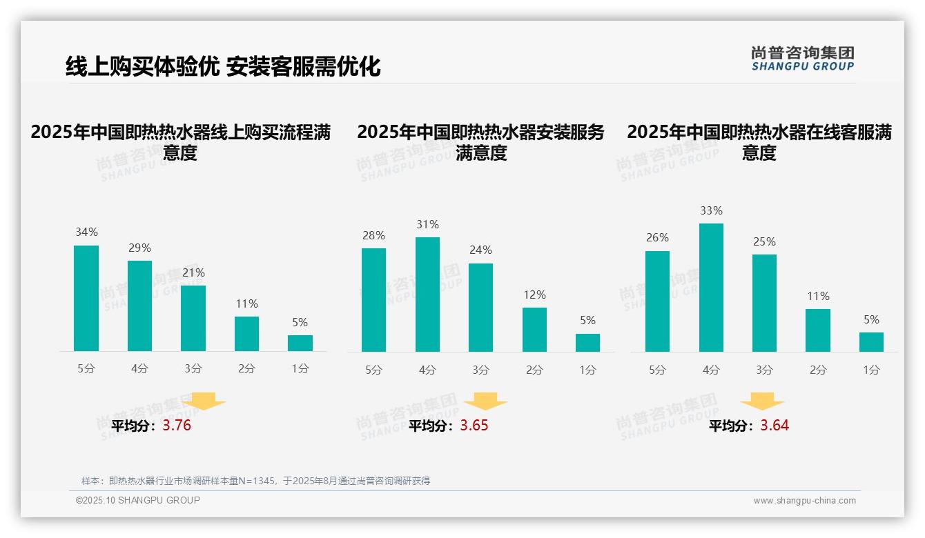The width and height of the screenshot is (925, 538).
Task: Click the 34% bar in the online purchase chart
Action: point(86,298)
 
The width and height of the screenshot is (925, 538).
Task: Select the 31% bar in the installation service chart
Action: point(427,295)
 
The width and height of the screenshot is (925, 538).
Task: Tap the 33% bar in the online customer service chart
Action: point(711,288)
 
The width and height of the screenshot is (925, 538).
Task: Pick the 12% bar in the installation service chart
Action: point(534,330)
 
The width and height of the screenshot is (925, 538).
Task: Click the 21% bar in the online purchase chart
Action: point(193,318)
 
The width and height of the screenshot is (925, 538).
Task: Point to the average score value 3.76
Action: point(177,426)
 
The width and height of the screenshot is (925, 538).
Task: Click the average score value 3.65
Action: point(474,426)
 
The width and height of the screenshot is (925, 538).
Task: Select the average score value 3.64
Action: point(775,426)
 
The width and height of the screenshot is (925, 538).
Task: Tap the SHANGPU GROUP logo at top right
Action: point(802,59)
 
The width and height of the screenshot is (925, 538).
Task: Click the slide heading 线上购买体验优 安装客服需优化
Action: point(223,66)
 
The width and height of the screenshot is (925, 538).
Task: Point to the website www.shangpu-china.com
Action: point(804,501)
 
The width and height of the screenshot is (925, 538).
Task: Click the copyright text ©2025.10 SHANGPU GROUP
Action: point(138,500)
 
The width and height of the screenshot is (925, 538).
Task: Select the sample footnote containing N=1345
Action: point(255,481)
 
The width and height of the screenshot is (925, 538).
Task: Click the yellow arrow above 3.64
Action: point(762,401)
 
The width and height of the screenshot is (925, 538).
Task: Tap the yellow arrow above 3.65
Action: point(485,401)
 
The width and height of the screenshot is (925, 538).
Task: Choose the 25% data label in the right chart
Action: point(764,241)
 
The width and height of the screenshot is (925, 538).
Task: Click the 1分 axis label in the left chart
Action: point(300,369)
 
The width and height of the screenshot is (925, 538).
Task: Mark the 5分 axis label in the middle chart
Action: point(373,370)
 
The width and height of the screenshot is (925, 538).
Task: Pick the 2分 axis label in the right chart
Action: point(818,370)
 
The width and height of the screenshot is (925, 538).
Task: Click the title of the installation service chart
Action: point(480,142)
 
